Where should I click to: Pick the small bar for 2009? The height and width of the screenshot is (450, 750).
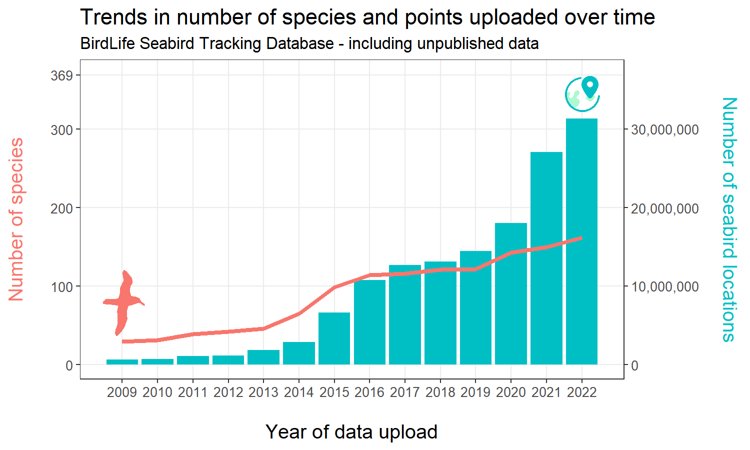coord(122,361)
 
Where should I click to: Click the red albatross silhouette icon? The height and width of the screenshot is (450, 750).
coord(123,302)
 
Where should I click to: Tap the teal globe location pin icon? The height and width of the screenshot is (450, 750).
coord(582,93)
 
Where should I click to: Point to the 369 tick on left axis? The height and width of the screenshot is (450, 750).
coord(61,76)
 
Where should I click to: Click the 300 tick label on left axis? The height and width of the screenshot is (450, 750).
coord(61,130)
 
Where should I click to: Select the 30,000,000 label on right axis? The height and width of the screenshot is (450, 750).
coord(664,130)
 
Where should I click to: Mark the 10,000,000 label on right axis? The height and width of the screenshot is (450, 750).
coord(664,287)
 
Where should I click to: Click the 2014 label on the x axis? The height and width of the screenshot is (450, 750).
coord(298,392)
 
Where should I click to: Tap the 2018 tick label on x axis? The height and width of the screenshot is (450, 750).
coord(440,392)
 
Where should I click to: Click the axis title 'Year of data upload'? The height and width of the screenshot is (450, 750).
coord(351,432)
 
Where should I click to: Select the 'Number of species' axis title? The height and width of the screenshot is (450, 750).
coord(16,219)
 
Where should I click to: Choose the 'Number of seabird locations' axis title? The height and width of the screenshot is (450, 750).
coord(729,219)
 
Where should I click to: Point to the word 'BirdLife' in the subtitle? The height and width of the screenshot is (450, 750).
coord(107,44)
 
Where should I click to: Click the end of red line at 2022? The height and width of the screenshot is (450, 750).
coord(581,238)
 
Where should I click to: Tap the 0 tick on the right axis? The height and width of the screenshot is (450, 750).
coord(634,365)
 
